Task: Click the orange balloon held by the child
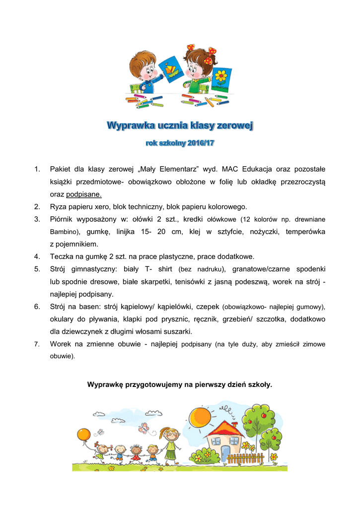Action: [83, 435]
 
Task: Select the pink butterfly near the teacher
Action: [144, 427]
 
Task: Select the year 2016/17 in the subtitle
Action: [201, 143]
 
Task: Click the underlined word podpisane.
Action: [84, 194]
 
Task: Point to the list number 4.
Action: [37, 256]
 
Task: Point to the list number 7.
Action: [37, 344]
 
